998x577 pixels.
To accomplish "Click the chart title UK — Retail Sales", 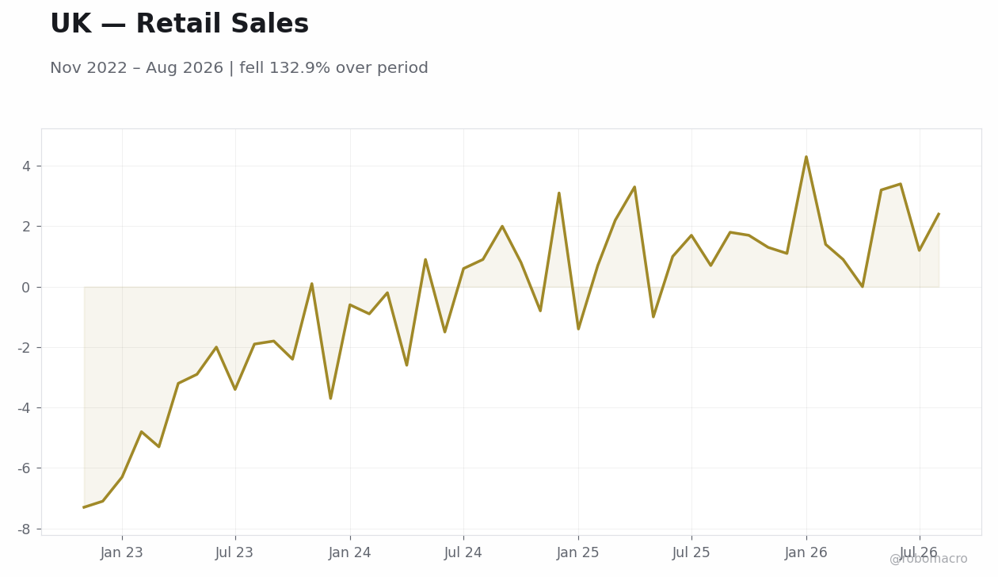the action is [180, 24].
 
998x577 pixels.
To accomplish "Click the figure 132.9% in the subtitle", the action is [300, 68].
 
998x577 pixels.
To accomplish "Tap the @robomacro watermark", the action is [928, 559].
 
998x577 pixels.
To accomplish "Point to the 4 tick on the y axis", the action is [26, 166].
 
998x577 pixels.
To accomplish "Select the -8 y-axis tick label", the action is [24, 529].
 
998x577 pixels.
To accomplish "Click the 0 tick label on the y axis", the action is [26, 288].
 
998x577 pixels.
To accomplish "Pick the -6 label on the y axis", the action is [24, 468].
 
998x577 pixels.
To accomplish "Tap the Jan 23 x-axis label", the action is [122, 553].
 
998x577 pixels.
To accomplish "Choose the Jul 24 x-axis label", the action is [463, 553].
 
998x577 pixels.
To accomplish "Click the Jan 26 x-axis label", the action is [806, 553].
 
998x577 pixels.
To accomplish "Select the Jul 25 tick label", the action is [691, 553].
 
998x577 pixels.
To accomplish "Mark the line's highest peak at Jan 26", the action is [806, 157].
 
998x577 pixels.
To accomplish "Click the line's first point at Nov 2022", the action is [84, 507].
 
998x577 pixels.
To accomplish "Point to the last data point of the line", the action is [939, 213].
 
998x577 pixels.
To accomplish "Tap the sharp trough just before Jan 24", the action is [330, 398].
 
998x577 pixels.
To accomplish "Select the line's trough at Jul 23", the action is [235, 389].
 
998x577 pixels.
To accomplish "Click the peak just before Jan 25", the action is [558, 193].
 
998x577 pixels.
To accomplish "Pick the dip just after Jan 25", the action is [578, 329].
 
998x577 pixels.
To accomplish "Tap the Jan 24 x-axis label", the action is [350, 553].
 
